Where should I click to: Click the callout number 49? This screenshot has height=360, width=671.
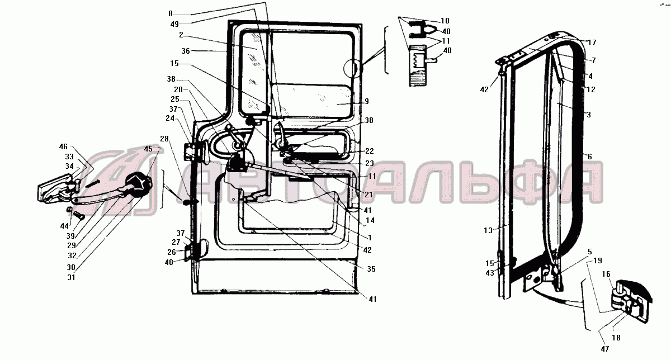pos(174,24)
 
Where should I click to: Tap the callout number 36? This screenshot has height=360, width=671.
pos(186,51)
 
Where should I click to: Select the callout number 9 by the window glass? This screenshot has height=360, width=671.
pos(367,102)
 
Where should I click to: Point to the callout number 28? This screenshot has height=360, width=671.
pos(164,139)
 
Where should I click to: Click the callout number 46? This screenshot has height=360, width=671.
pos(63,147)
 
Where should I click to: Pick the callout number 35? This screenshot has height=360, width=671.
pos(371,269)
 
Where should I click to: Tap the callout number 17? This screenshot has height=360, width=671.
pos(592,43)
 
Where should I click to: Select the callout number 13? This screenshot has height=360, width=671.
pos(488,231)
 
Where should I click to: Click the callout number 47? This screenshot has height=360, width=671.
pos(605,349)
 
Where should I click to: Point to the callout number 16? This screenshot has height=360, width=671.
pos(606,274)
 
